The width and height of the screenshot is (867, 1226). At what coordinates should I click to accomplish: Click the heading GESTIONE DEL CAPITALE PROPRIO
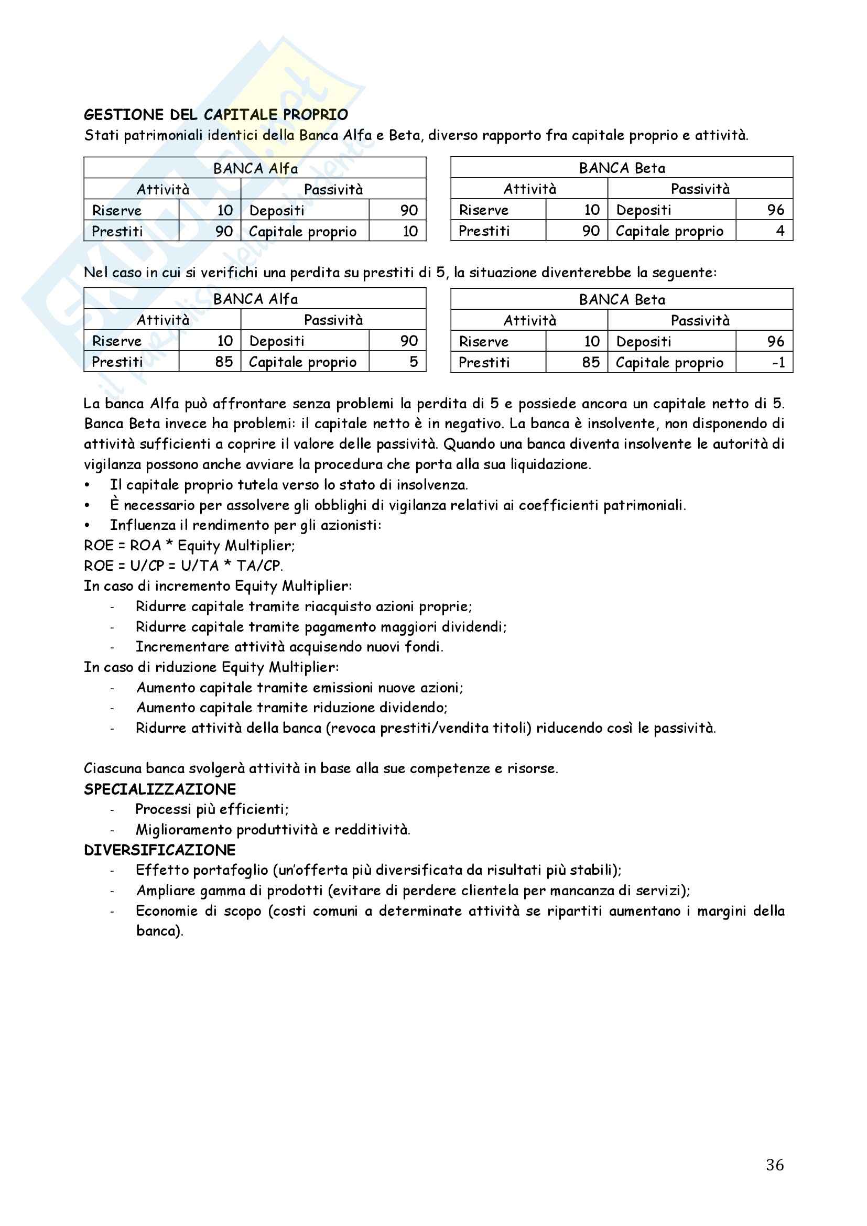215,115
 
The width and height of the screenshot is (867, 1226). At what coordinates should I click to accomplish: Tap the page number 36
775,1165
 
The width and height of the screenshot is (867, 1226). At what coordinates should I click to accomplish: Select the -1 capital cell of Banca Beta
778,363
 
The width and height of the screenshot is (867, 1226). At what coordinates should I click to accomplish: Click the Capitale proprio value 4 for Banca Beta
780,231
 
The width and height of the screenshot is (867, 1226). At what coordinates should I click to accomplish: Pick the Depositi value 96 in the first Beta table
775,210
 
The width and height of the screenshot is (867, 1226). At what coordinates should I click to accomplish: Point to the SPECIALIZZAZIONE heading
160,789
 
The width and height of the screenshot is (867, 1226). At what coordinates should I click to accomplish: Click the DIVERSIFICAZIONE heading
160,850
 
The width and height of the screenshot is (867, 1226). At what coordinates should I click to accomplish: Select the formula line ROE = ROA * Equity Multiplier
189,546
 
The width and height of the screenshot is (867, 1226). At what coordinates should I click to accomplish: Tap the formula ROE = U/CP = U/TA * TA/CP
183,566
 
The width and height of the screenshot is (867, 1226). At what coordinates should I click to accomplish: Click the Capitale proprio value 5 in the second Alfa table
413,362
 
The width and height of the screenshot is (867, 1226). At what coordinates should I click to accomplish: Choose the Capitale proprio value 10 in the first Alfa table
409,231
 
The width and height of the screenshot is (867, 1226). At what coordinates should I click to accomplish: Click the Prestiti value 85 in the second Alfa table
224,362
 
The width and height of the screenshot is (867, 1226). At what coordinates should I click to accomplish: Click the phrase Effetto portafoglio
202,871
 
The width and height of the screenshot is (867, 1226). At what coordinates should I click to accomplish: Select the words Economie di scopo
198,911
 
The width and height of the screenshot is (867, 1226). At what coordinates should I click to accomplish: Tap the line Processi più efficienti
211,809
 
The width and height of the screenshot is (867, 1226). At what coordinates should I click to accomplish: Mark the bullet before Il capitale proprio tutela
87,485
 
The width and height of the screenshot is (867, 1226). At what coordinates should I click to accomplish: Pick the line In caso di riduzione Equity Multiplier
211,667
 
